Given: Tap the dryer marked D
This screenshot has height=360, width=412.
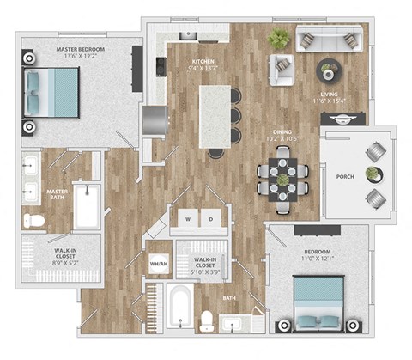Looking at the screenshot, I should [x=211, y=219].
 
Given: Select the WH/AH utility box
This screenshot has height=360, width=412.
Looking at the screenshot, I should [x=159, y=264].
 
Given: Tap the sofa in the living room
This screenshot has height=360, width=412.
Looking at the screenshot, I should [x=329, y=40].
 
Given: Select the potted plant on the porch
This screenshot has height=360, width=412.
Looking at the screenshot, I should [x=372, y=174].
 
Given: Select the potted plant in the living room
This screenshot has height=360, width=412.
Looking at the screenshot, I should [x=279, y=38].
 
